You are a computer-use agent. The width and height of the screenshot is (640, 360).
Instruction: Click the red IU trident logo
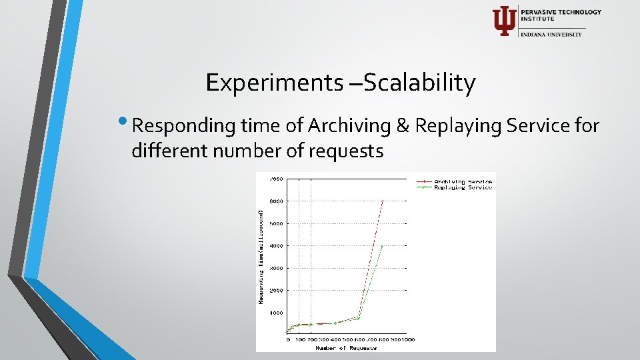(x=503, y=21)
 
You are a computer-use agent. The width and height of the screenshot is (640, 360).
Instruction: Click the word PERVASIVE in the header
(x=540, y=12)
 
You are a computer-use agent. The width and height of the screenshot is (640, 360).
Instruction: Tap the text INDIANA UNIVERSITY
(x=551, y=34)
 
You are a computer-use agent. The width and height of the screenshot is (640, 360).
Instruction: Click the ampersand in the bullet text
(x=404, y=125)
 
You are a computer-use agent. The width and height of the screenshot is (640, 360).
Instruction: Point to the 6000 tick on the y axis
(x=276, y=201)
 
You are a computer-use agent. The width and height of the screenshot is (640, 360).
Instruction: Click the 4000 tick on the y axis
(x=276, y=245)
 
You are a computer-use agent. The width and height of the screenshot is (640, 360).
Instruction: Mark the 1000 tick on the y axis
(x=276, y=313)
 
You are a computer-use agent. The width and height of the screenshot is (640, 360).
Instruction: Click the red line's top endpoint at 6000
(x=382, y=201)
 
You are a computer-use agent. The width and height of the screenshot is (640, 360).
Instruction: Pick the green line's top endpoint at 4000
(x=382, y=245)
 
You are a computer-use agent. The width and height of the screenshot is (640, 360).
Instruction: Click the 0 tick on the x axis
(x=288, y=339)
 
